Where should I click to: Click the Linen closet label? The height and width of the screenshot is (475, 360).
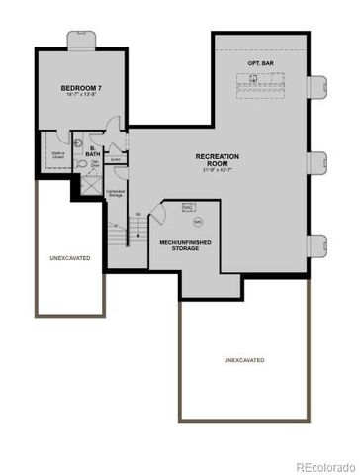click(117, 159)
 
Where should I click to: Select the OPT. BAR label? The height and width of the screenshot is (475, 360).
click(260, 64)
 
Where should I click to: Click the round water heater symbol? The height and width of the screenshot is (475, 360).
click(196, 223)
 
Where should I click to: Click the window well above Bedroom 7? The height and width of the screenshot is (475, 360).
click(82, 39)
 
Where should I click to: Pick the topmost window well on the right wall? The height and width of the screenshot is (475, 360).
click(319, 88)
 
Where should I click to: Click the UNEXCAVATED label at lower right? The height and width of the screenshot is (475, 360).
click(243, 361)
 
